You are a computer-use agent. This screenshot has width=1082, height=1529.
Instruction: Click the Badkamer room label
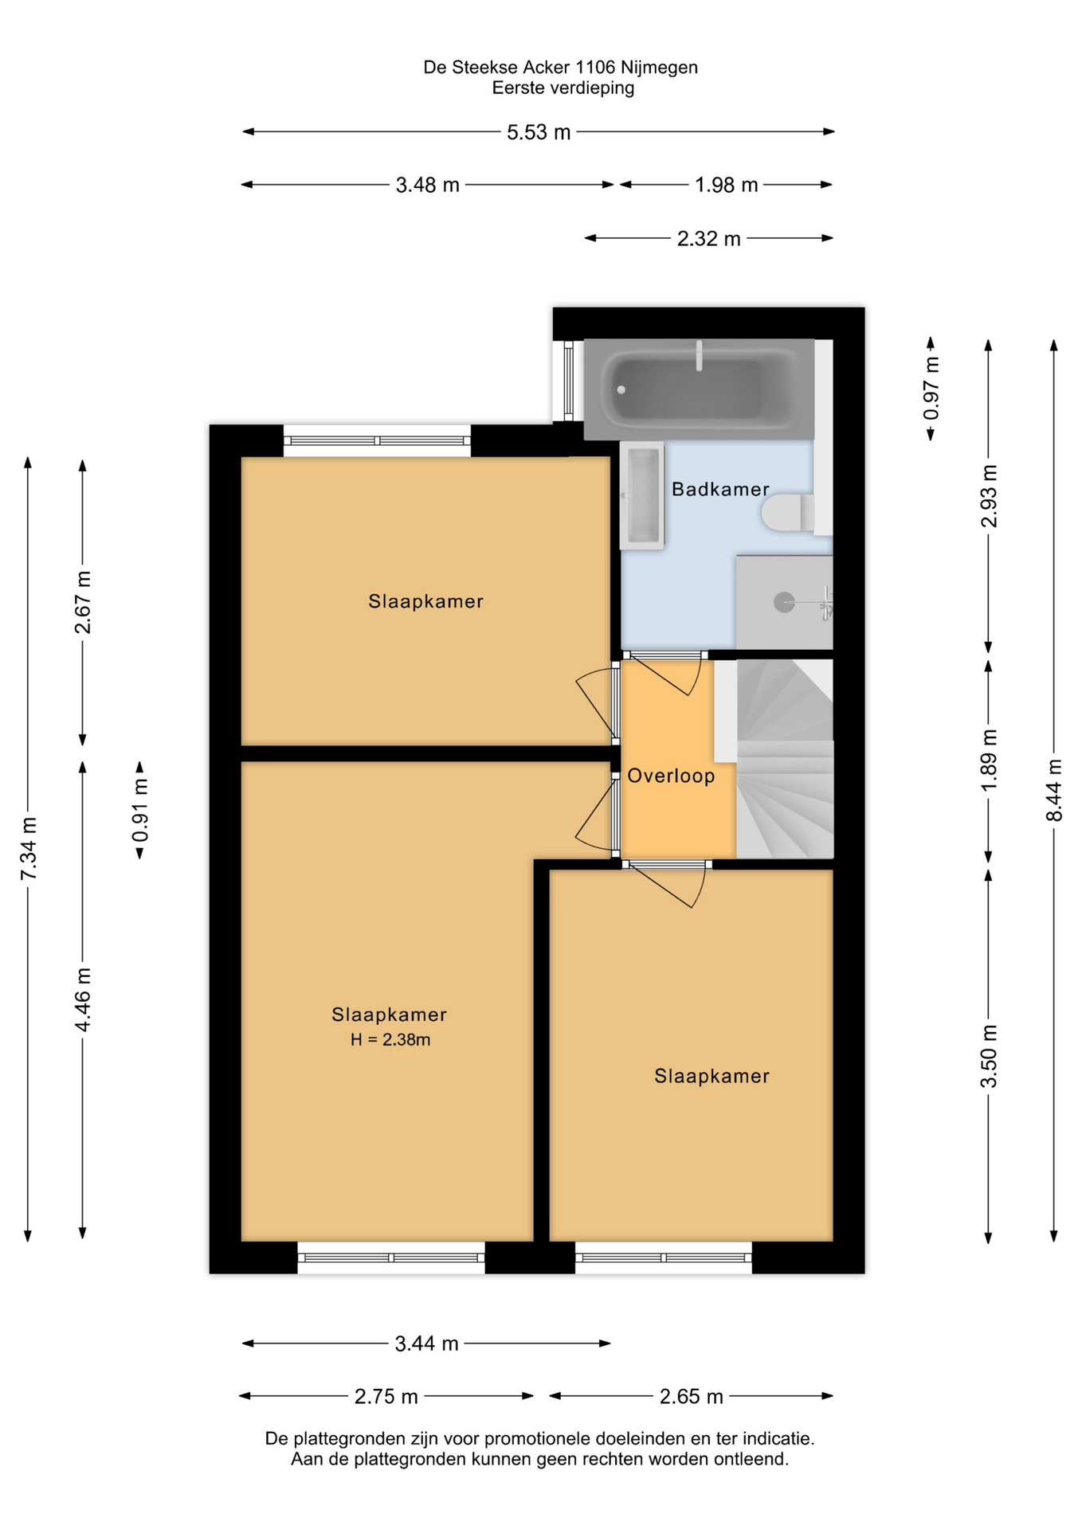tap(720, 489)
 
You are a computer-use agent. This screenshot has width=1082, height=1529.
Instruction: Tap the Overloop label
tap(671, 776)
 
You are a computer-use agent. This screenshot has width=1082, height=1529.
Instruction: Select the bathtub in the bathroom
tap(699, 389)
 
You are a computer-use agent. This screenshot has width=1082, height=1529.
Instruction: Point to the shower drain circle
tap(784, 602)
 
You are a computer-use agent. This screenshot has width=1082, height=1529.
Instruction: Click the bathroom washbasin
tap(642, 495)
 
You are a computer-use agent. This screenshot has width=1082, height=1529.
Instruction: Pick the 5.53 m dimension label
tap(539, 132)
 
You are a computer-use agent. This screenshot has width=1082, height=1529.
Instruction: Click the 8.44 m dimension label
tap(1054, 790)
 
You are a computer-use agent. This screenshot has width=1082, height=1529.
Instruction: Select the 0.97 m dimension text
tap(931, 389)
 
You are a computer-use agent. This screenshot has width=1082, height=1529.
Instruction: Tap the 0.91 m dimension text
tap(140, 810)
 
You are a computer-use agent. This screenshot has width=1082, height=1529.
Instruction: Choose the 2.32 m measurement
tap(708, 239)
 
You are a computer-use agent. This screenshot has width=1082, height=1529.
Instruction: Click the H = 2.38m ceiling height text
tap(390, 1039)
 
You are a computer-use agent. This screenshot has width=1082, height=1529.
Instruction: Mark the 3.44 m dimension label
tap(426, 1343)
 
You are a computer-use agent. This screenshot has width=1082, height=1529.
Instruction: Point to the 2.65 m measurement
tap(691, 1396)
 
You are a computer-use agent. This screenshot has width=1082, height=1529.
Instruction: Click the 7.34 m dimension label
tap(29, 849)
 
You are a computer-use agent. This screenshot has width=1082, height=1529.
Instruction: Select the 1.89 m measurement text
tap(989, 761)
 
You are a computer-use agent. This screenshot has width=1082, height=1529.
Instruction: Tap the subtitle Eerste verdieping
tap(563, 88)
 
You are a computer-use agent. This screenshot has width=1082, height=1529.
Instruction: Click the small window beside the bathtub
tap(568, 381)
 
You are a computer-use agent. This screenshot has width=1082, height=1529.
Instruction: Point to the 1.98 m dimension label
tap(726, 185)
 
